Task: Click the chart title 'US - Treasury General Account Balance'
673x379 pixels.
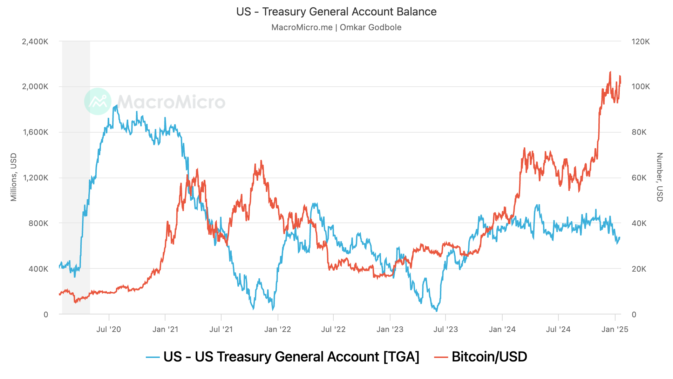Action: click(x=336, y=12)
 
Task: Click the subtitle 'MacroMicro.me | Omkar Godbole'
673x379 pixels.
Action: click(x=336, y=27)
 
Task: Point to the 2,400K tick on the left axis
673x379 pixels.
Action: click(x=35, y=41)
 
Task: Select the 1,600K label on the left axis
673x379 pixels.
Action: click(x=35, y=132)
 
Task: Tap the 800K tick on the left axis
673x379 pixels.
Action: click(x=38, y=223)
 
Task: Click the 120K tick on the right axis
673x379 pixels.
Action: click(x=640, y=41)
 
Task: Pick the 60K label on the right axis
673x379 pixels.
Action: click(x=639, y=178)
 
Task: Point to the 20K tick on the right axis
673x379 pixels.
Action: click(x=639, y=269)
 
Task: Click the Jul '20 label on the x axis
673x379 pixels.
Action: click(x=109, y=329)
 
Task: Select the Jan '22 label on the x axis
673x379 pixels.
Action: click(x=278, y=329)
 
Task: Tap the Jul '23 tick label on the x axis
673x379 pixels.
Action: click(x=446, y=329)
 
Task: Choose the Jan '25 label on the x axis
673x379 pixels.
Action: click(x=615, y=329)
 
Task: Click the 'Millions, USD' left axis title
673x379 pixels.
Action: click(x=14, y=177)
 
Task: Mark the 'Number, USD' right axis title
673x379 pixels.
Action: click(x=659, y=177)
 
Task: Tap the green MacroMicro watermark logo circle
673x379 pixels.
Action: click(x=98, y=101)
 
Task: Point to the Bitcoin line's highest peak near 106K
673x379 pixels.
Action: click(x=610, y=72)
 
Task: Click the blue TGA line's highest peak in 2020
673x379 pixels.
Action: click(x=116, y=105)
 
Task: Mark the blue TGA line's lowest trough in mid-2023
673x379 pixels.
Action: click(x=436, y=311)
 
